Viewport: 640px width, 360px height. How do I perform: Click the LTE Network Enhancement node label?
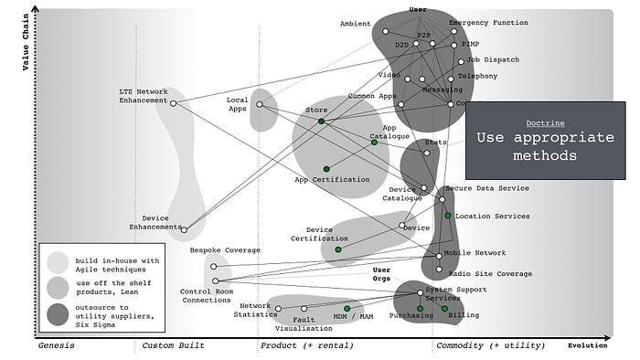(x=144, y=95)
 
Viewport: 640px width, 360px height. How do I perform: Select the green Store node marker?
(x=321, y=122)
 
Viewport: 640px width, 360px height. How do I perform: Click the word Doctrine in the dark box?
(x=544, y=122)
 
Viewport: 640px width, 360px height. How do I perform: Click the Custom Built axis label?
(x=173, y=347)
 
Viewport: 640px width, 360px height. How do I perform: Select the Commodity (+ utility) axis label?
(x=483, y=347)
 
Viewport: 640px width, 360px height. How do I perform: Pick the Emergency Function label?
(x=488, y=22)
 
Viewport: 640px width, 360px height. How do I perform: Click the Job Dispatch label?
(x=493, y=60)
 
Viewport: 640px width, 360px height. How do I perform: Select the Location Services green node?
(x=448, y=216)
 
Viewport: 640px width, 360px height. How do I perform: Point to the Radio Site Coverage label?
(x=489, y=273)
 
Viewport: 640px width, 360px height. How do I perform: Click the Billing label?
(x=463, y=314)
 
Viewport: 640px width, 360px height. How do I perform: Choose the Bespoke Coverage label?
(x=225, y=250)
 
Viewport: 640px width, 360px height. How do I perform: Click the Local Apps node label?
(x=238, y=105)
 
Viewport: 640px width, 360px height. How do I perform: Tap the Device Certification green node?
(x=338, y=249)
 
